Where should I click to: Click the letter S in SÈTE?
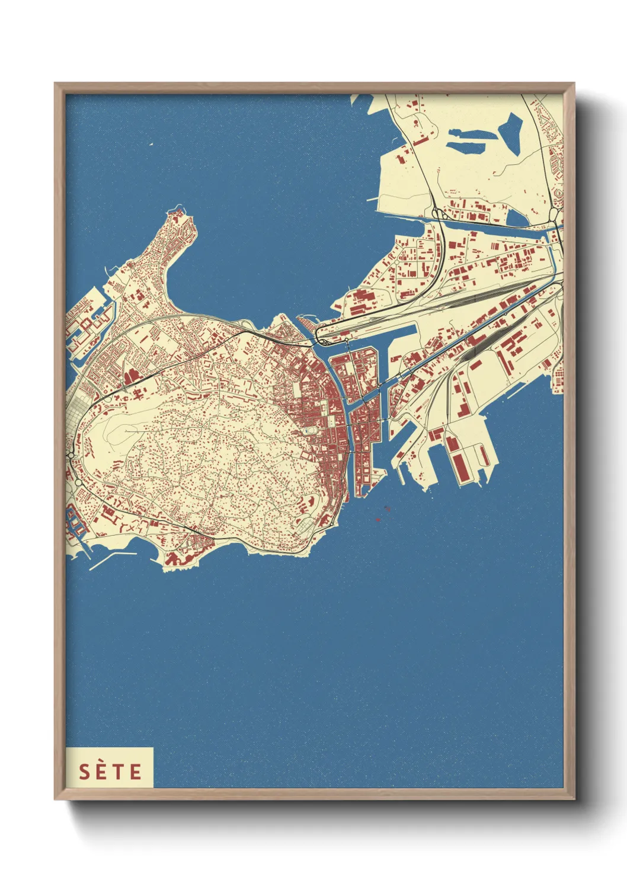tap(85, 772)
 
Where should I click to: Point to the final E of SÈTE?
tap(136, 772)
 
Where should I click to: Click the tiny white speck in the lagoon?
tap(151, 144)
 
